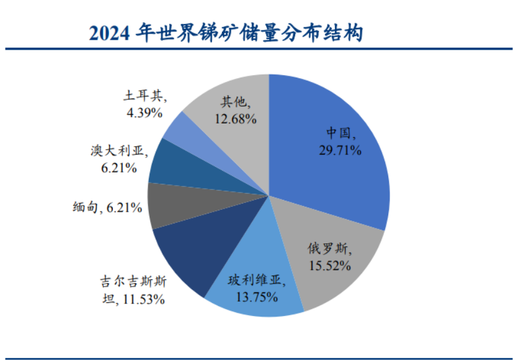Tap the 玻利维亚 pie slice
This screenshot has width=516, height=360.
pos(248,279)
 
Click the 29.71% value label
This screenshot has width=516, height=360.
pos(339,150)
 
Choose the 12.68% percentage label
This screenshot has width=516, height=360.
pos(236,119)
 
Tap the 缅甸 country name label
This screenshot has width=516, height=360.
pos(85,208)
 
